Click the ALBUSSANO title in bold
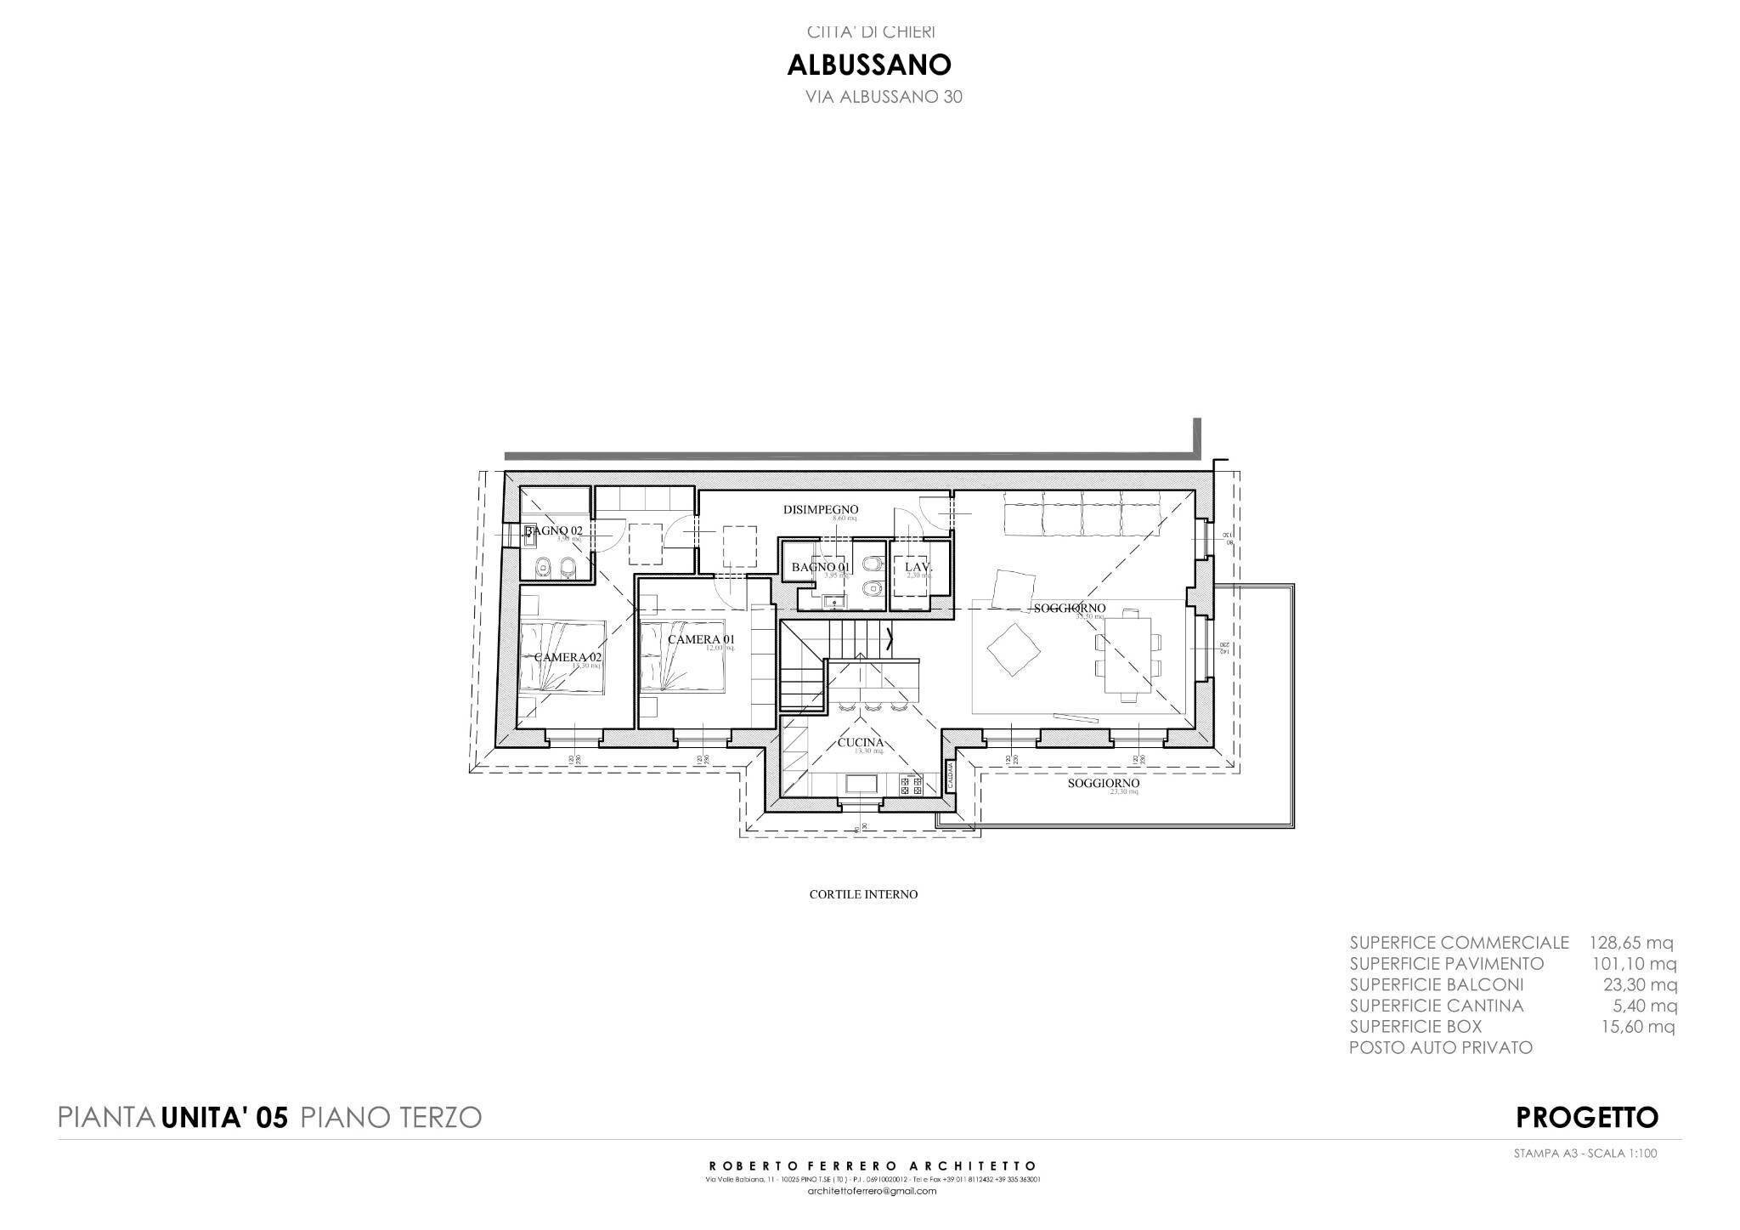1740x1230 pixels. tap(869, 65)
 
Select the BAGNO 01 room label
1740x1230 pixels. tap(820, 567)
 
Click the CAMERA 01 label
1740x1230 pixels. tap(700, 639)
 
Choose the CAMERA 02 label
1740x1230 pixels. tap(568, 657)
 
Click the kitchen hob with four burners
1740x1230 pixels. tap(911, 786)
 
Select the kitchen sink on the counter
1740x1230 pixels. tap(862, 783)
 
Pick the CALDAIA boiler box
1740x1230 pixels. tap(951, 775)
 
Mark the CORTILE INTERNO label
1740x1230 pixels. tap(863, 894)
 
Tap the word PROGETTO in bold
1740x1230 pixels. tap(1586, 1117)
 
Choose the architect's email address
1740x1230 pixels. tap(872, 1191)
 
